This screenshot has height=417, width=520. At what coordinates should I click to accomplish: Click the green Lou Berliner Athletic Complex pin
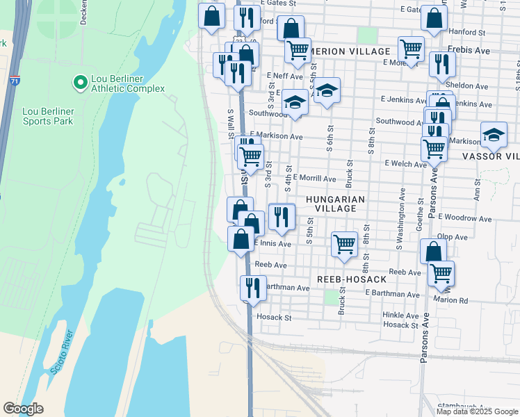[x=79, y=83]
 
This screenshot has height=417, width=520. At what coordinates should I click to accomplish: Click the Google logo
[x=23, y=409]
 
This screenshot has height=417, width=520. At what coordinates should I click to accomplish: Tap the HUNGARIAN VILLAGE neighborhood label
[x=335, y=204]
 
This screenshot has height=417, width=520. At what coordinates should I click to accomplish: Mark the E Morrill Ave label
[x=314, y=178]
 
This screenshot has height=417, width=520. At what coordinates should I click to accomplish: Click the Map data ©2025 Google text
[x=477, y=411]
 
